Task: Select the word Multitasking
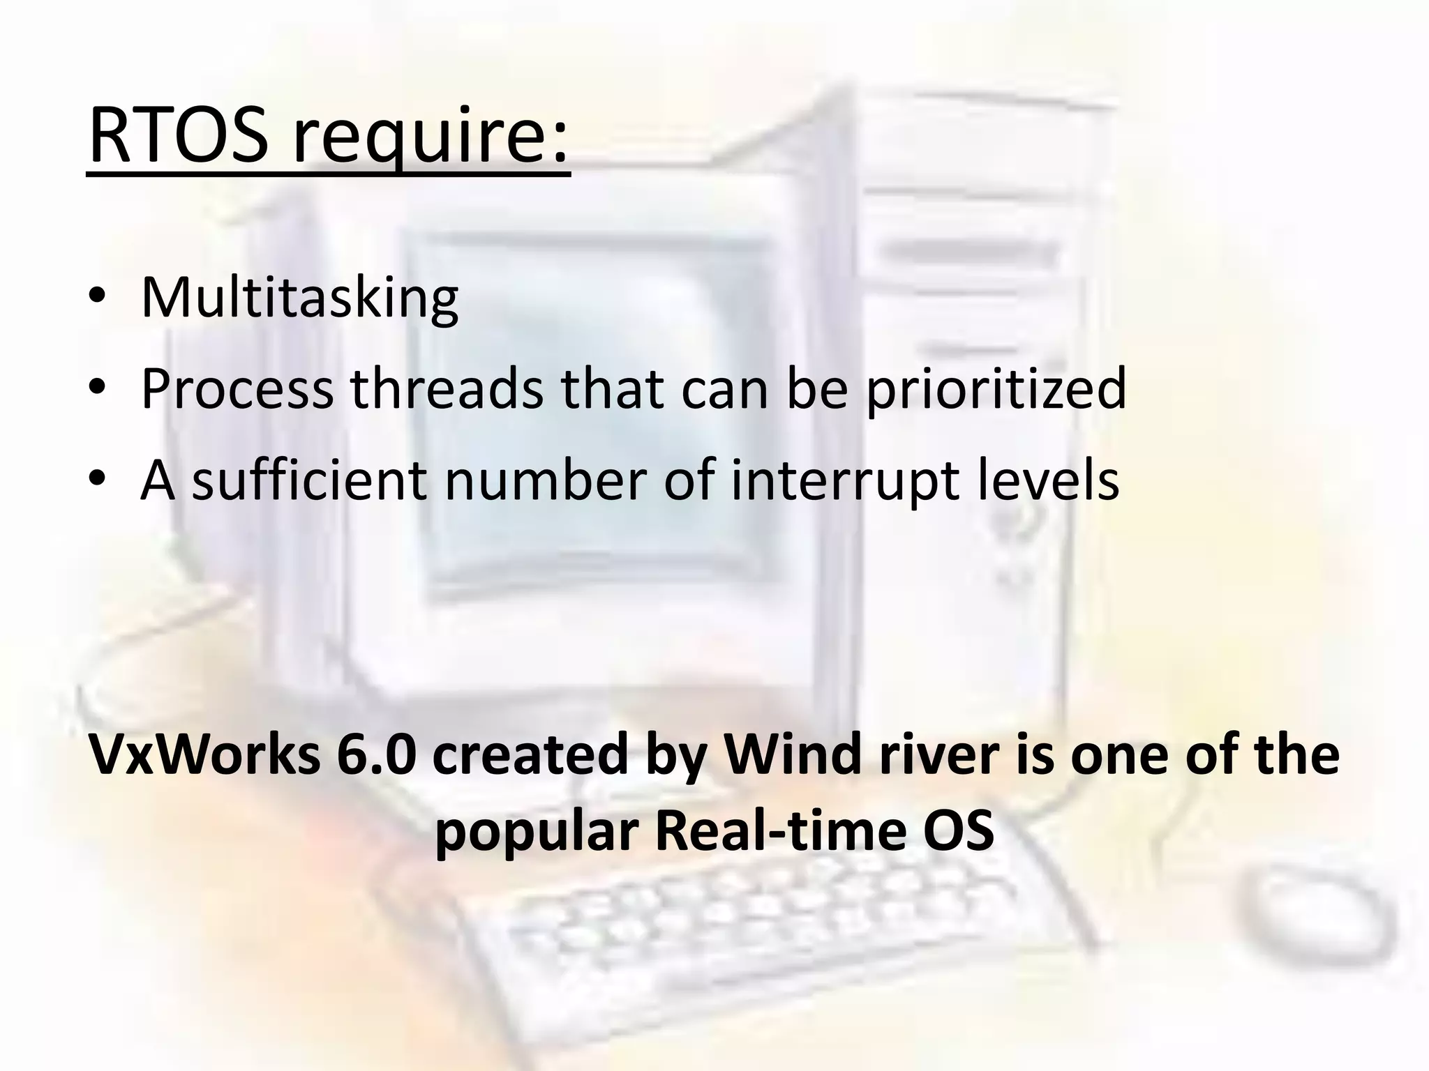pos(299,298)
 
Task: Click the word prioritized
pos(996,389)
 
